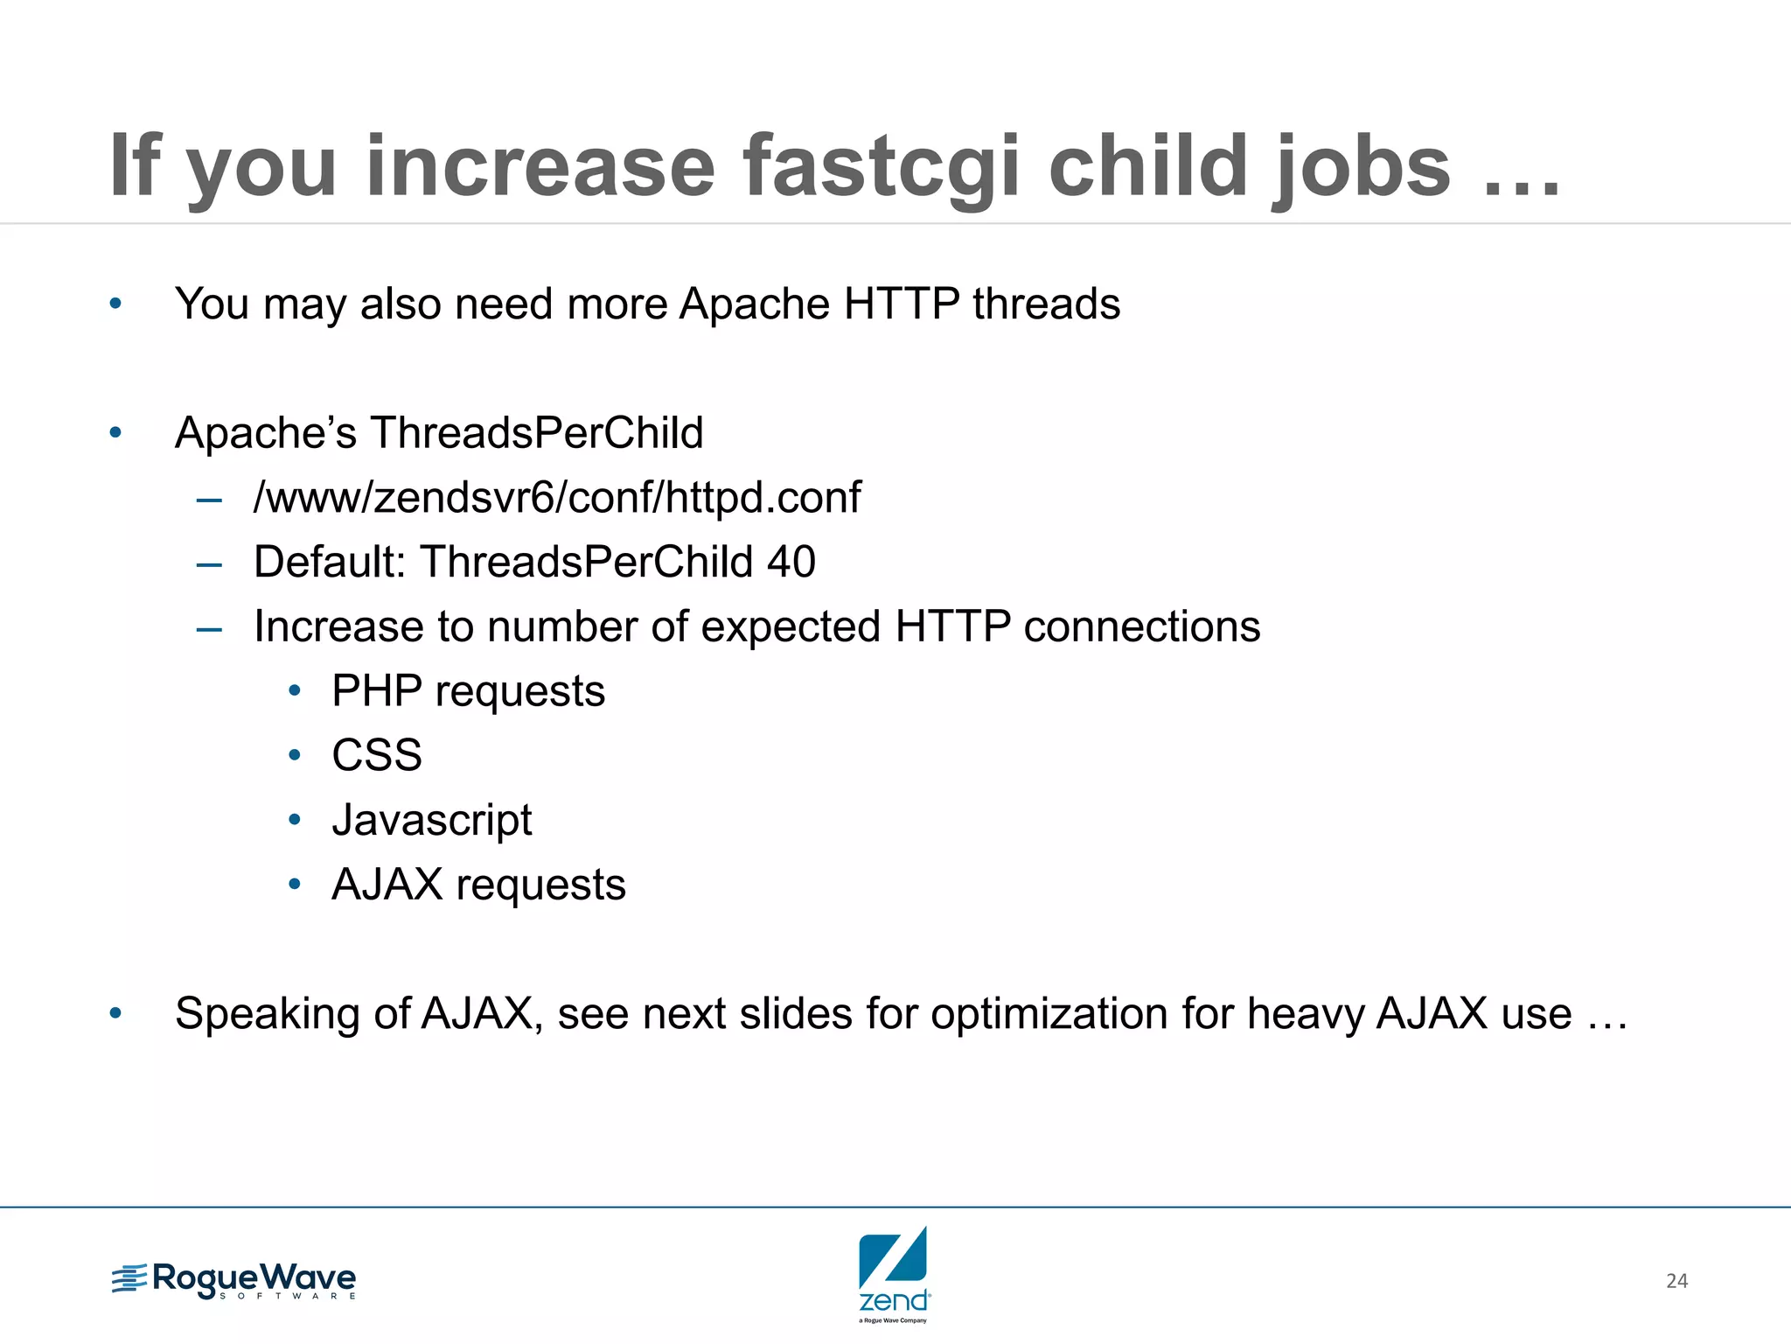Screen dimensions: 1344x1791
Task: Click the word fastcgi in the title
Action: coord(881,166)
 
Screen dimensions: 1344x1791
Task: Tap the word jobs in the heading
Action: coord(1361,166)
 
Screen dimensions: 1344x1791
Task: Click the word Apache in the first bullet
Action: coord(754,304)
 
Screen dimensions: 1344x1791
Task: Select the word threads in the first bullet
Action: coord(1046,304)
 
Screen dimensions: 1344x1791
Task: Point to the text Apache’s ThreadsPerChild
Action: coord(439,432)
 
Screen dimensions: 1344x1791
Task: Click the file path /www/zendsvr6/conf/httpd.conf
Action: coord(557,497)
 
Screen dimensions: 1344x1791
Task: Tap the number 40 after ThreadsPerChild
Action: coord(791,562)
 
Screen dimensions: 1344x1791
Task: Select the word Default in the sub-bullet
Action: coord(329,562)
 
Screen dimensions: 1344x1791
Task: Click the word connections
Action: coord(1141,626)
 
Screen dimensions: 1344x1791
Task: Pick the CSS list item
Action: coord(377,755)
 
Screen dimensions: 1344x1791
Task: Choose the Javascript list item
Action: coord(432,820)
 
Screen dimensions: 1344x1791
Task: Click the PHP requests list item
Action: coord(468,691)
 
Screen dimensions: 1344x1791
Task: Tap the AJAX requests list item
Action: coord(478,885)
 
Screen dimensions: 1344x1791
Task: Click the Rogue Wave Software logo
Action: coord(233,1280)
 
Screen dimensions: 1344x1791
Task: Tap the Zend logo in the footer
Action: coord(893,1273)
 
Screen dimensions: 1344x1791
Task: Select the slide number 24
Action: coord(1676,1281)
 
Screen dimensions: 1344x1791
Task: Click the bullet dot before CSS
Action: coord(295,755)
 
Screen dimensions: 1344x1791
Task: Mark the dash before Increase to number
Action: coord(209,628)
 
